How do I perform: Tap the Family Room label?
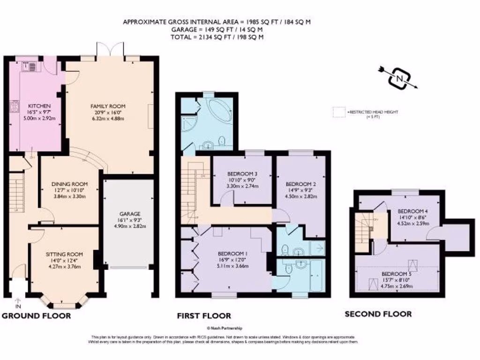108,106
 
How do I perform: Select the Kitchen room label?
39,106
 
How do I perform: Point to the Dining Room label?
69,184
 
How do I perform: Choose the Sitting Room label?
64,255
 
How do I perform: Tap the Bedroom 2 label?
301,184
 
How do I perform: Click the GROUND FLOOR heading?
37,316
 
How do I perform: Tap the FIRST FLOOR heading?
204,316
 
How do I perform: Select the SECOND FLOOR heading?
378,314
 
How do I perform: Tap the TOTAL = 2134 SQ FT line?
217,37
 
